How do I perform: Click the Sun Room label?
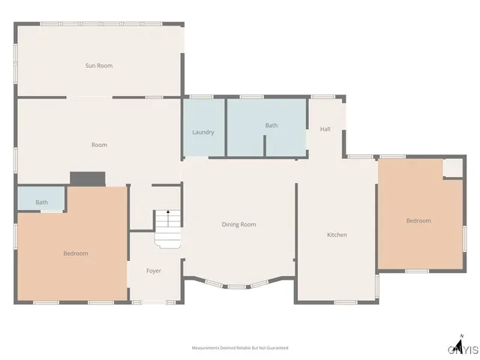(99, 66)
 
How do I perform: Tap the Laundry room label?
(203, 132)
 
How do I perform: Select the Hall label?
(325, 129)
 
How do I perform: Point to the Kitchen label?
(337, 235)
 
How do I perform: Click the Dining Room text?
(238, 224)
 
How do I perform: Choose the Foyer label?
(154, 271)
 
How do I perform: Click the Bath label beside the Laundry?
(271, 125)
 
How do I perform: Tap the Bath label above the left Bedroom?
(42, 202)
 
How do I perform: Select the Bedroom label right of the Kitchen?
(418, 220)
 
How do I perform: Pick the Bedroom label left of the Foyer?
(76, 253)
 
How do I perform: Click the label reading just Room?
(99, 145)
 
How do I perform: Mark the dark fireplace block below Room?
(87, 178)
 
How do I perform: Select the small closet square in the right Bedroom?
(453, 168)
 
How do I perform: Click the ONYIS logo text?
(463, 349)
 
